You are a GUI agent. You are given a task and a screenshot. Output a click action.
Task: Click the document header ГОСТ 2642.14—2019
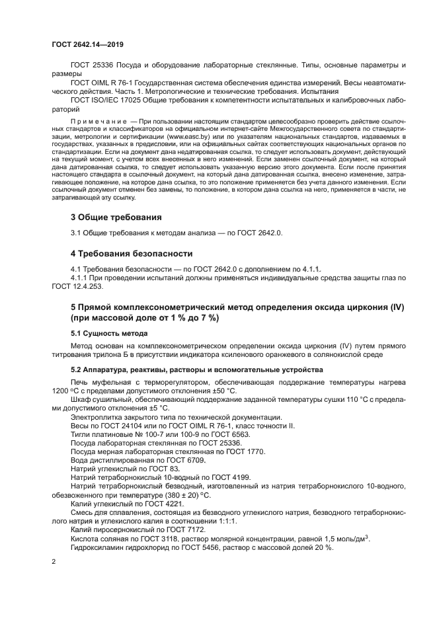point(87,44)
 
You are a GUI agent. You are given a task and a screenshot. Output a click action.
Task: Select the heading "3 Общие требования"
point(116,217)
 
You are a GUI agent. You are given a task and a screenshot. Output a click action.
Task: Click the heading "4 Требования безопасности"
point(131,253)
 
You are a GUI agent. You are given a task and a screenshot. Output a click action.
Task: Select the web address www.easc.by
point(187,135)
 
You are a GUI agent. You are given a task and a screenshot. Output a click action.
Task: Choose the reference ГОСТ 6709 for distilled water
point(188,459)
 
